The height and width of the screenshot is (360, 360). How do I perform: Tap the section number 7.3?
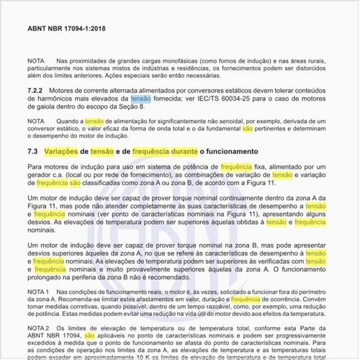pyautogui.click(x=32, y=152)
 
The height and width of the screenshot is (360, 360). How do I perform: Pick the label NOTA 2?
pyautogui.click(x=37, y=328)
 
